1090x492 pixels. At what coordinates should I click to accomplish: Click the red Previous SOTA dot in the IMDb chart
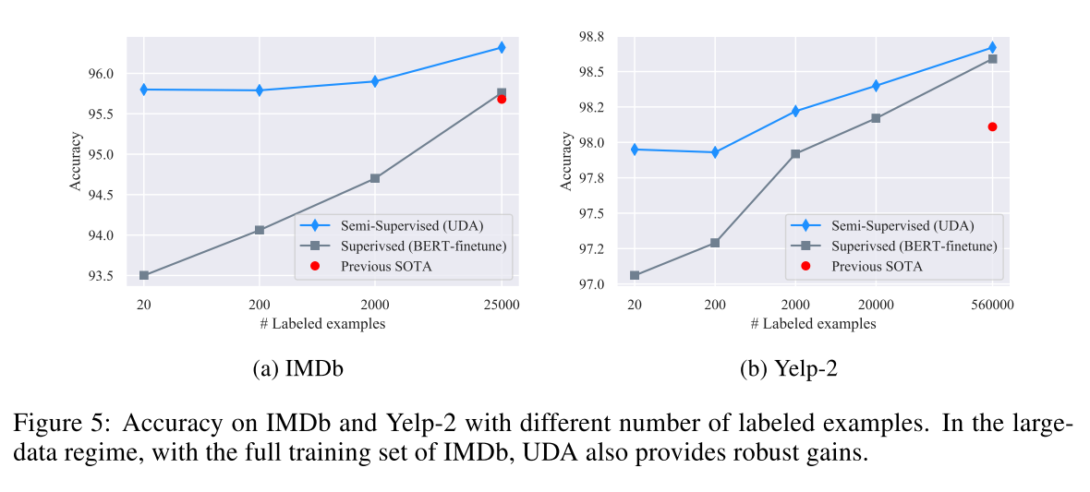(502, 99)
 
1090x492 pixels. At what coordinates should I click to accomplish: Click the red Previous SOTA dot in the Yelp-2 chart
(992, 126)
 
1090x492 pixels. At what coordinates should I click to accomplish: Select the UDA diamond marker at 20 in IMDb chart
(144, 90)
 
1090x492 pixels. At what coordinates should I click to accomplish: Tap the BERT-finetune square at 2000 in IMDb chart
(375, 178)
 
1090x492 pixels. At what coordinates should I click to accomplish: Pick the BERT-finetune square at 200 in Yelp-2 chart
(714, 243)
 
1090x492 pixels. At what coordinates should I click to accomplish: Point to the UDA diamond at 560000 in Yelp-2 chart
(992, 47)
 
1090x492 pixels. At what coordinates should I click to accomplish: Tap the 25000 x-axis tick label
(501, 303)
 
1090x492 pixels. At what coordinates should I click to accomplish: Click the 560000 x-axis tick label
(991, 303)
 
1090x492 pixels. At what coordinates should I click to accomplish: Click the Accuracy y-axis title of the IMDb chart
(76, 162)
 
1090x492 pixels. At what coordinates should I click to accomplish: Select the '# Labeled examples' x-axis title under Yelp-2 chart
(813, 324)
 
